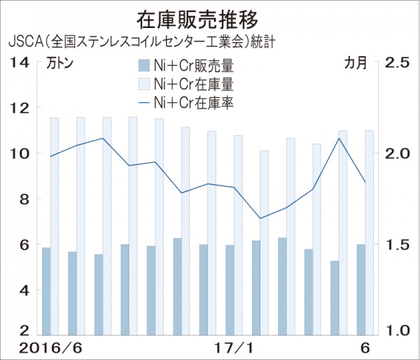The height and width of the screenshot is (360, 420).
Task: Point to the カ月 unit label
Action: [355, 63]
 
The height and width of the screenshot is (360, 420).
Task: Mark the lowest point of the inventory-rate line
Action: [260, 219]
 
